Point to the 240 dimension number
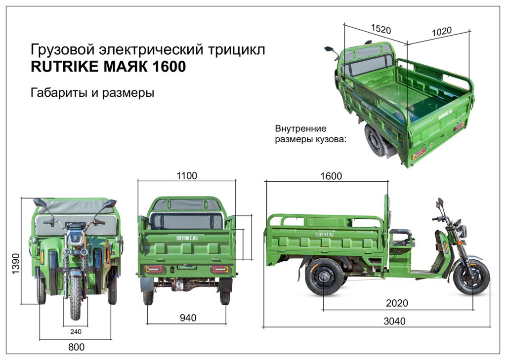point(76,331)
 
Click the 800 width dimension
point(76,347)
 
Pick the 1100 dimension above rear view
point(187,175)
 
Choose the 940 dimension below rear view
point(188,318)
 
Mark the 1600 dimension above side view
point(331,176)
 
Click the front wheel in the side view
point(471,278)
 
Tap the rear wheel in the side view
point(324,277)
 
